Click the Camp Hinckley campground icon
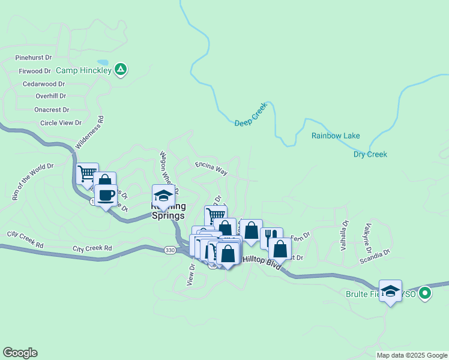point(121,70)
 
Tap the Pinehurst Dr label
point(34,58)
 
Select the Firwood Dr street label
point(35,71)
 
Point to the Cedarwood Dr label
point(43,84)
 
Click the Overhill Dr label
point(50,96)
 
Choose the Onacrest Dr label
point(52,110)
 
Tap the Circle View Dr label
point(61,123)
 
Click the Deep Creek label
point(250,118)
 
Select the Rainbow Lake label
point(336,136)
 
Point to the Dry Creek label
point(370,154)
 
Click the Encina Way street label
point(211,167)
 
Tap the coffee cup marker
point(106,195)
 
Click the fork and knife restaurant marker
point(271,236)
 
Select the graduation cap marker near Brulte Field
point(391,292)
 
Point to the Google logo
point(20,353)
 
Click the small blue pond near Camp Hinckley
point(103,62)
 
